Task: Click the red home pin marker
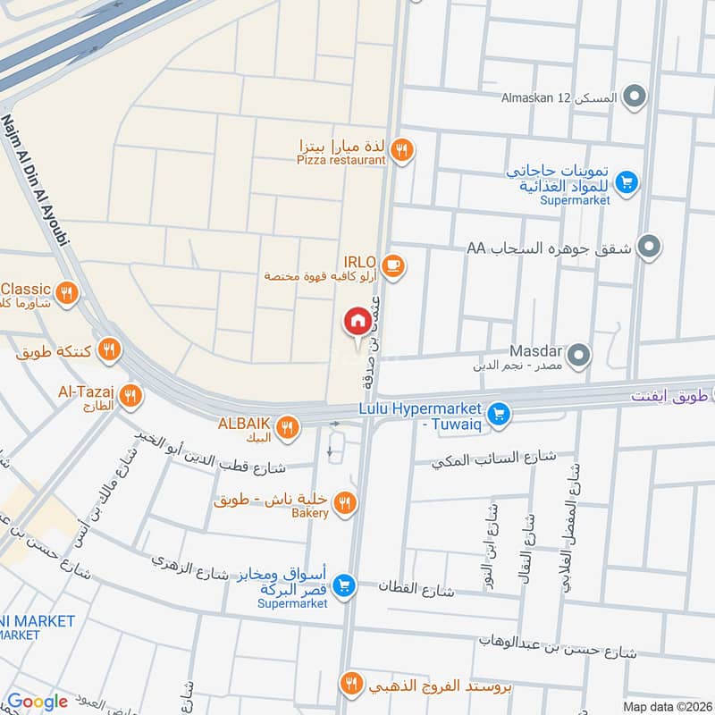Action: pos(357,321)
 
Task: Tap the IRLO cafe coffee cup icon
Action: pos(392,265)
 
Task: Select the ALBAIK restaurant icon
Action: pos(287,426)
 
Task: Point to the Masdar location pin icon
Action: pos(580,357)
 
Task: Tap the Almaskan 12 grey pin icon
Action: pos(634,96)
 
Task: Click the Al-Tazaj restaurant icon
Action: pos(130,394)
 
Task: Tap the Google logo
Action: pos(37,702)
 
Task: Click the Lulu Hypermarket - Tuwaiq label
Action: pos(423,415)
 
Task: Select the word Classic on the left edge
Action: pos(26,289)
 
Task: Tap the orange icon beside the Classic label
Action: pos(66,292)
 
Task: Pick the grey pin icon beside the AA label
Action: pos(650,246)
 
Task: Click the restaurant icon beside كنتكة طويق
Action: pos(109,349)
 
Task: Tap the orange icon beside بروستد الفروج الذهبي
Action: pos(351,685)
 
